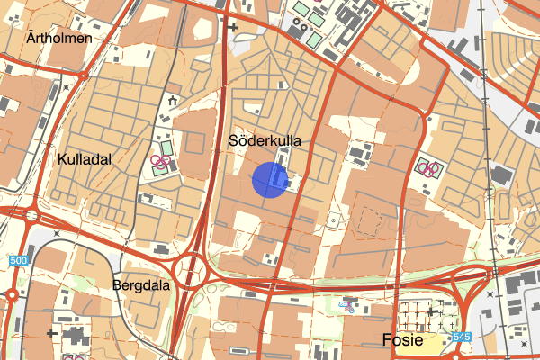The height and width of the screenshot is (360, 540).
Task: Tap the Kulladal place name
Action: pyautogui.click(x=84, y=158)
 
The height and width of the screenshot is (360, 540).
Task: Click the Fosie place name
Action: pyautogui.click(x=402, y=340)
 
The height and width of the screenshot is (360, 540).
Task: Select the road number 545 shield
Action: pyautogui.click(x=462, y=337)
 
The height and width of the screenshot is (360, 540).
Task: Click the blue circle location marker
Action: pyautogui.click(x=269, y=179)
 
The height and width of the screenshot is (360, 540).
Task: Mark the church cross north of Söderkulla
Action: pyautogui.click(x=234, y=27)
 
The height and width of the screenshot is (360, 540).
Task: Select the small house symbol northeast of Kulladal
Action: pyautogui.click(x=171, y=102)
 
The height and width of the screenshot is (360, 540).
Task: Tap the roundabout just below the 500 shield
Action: pyautogui.click(x=12, y=293)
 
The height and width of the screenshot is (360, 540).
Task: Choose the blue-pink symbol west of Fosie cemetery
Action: pyautogui.click(x=346, y=305)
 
